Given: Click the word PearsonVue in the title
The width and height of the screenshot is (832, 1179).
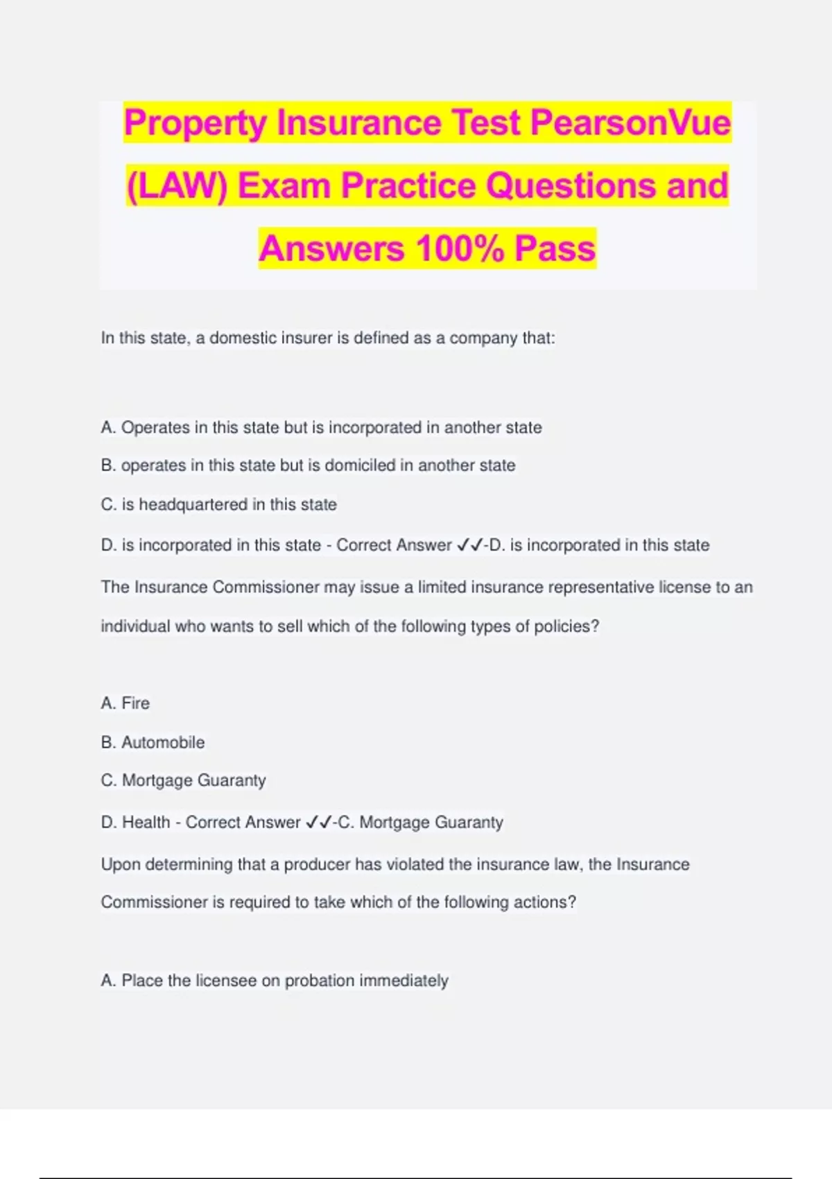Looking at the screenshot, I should point(630,123).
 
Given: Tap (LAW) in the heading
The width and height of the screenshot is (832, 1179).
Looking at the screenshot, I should point(176,186).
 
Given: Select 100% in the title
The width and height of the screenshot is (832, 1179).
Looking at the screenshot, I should point(460,248).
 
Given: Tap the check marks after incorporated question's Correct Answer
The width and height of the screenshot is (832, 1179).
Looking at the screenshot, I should point(470,545).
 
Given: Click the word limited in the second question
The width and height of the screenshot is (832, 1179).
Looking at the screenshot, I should point(442,587).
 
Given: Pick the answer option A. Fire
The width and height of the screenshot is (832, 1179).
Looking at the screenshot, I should point(125,703).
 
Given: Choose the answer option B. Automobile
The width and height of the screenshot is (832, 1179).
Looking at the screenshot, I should point(153,742).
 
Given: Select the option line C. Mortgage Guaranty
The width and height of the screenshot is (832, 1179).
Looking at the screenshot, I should point(183,781).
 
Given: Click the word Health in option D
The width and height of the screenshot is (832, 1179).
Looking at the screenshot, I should point(146,823).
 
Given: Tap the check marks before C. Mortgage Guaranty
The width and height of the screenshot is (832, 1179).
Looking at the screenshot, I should point(318,823).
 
